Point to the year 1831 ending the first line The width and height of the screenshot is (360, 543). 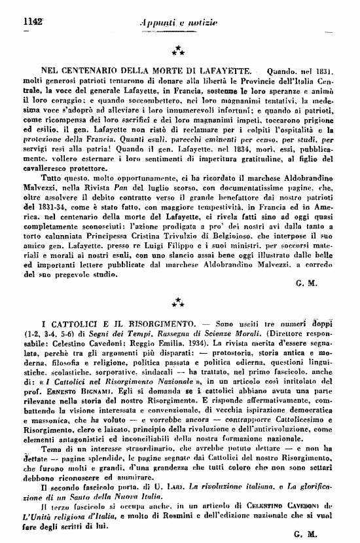point(323,70)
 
